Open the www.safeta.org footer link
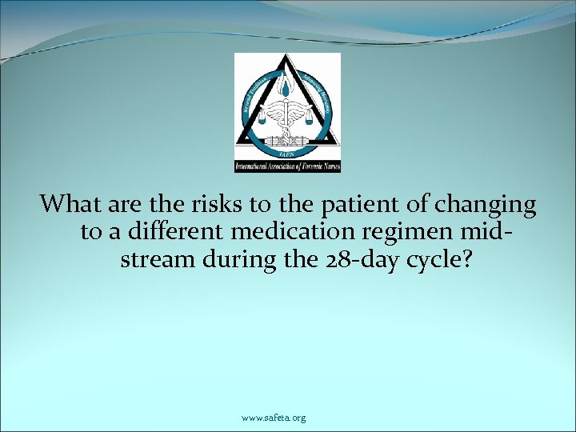click(273, 418)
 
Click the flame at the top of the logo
click(286, 86)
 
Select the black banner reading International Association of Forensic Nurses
click(287, 166)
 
